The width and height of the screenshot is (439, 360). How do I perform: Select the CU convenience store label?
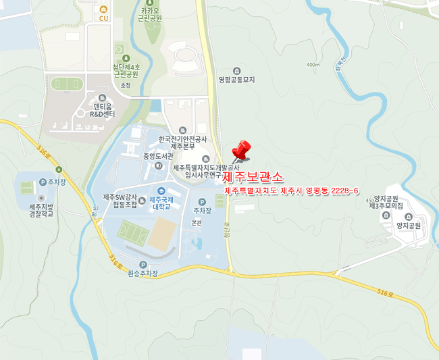tap(103, 18)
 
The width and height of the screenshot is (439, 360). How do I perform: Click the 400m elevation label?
tap(313, 65)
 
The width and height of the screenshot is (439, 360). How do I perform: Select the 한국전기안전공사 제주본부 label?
tap(182, 142)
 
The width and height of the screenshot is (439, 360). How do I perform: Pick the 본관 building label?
tap(197, 222)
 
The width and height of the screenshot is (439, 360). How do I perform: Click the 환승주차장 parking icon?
tap(143, 265)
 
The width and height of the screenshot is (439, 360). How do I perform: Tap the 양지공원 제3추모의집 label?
tap(386, 201)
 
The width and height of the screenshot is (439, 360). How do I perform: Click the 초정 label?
tap(125, 86)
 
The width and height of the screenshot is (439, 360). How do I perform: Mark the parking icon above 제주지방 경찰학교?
tap(43, 182)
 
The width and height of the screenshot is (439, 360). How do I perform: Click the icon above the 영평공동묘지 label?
tap(236, 70)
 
